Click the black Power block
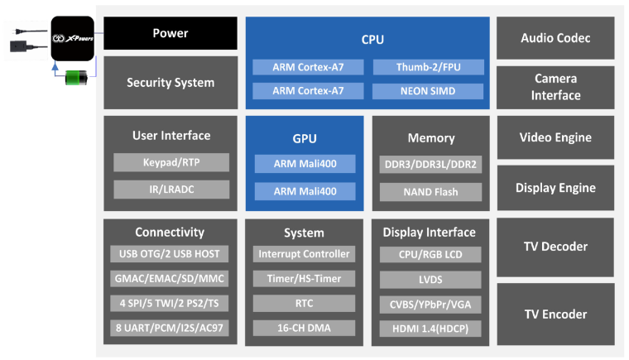point(170,34)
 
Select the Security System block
point(170,83)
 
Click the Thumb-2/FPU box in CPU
point(425,67)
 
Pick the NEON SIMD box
point(425,90)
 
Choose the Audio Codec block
point(555,38)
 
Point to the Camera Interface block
point(555,87)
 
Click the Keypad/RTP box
point(171,163)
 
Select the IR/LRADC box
point(171,190)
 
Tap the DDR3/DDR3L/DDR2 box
point(430,165)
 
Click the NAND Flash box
point(430,192)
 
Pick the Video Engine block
point(555,137)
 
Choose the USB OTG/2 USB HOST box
point(170,254)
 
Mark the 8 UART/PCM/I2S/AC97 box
point(170,329)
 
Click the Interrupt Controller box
point(304,254)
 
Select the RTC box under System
point(304,304)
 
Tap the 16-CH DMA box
point(304,329)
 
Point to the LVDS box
point(430,279)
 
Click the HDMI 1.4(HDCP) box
point(430,329)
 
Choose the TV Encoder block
point(555,314)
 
